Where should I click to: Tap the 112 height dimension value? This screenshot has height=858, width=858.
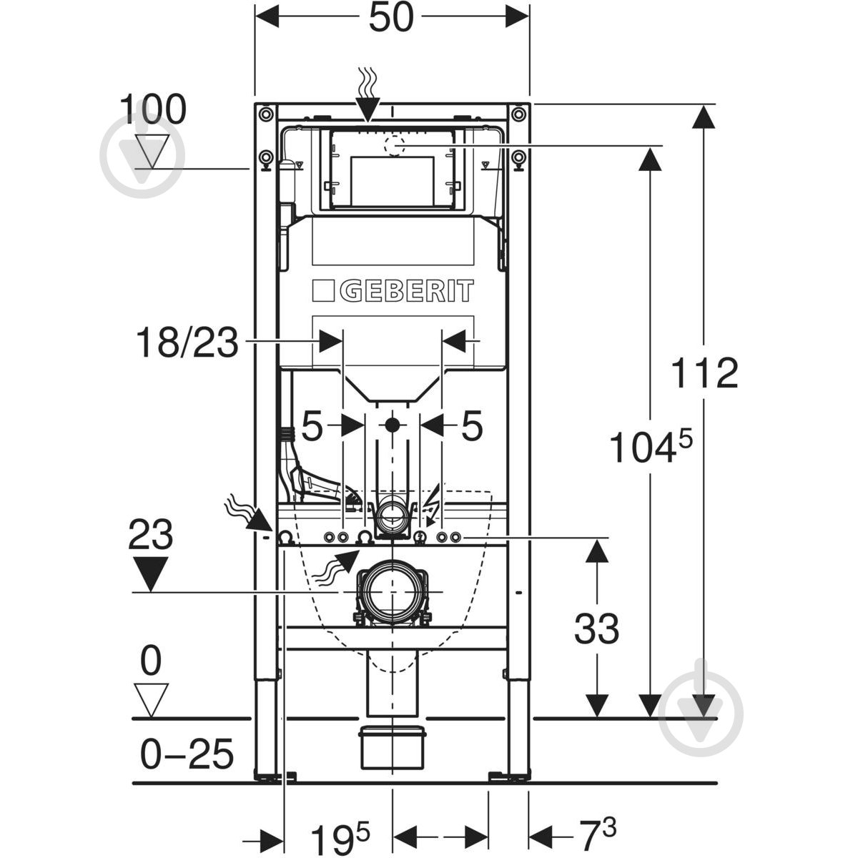click(704, 373)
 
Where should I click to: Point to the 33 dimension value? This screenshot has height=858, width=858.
click(596, 629)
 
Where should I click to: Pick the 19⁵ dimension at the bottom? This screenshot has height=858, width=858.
click(339, 832)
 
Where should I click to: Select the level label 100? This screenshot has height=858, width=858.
click(152, 110)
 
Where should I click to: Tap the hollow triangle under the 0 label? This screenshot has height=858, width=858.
click(151, 699)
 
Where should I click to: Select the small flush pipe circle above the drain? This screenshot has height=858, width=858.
click(391, 513)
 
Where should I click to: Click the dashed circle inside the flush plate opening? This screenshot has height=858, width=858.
click(394, 145)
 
